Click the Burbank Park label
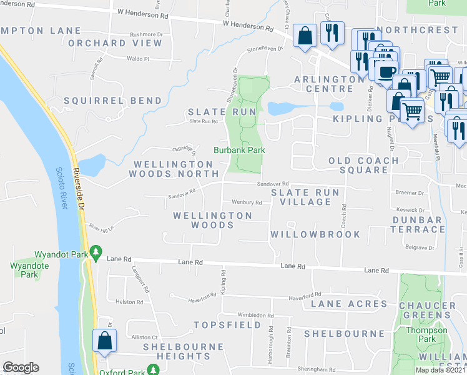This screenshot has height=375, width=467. pos(240,150)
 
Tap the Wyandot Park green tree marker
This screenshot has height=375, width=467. pos(96,252)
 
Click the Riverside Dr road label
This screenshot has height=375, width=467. pos(78,181)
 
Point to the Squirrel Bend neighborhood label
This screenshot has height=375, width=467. pos(113,101)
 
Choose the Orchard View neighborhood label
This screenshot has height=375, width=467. pos(116,43)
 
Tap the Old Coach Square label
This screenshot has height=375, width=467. pos(364,165)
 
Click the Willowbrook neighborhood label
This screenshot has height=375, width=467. pos(315,234)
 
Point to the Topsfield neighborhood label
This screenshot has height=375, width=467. pos(227,325)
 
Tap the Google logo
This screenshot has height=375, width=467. pos(21,367)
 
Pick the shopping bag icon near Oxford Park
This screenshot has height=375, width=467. pos(104,341)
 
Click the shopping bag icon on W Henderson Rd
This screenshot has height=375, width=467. pos(305,36)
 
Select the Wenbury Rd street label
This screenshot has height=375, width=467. pos(247,202)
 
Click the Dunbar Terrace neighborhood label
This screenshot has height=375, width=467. pos(418,225)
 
